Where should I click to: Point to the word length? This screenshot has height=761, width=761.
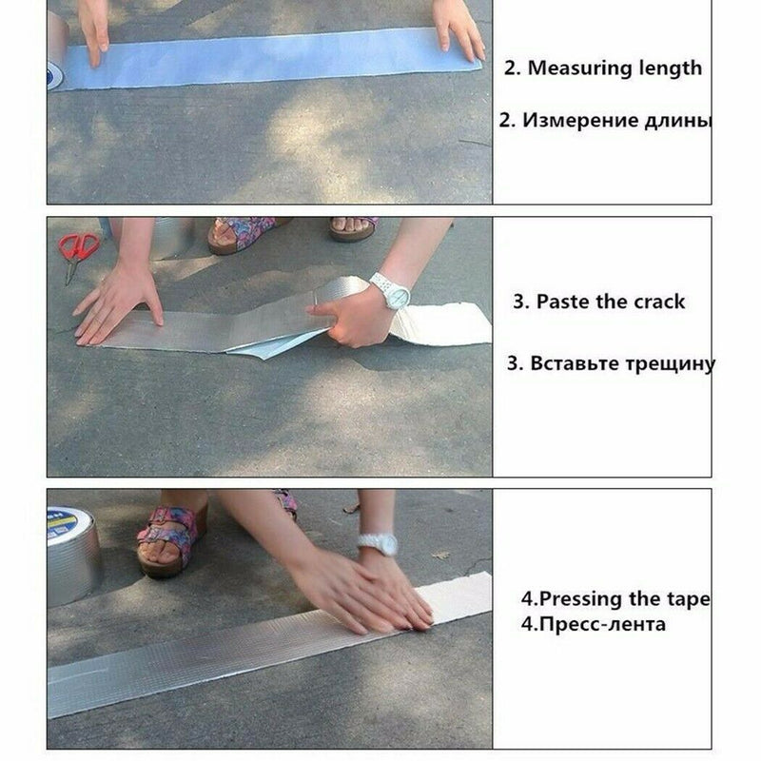[x=670, y=68]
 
